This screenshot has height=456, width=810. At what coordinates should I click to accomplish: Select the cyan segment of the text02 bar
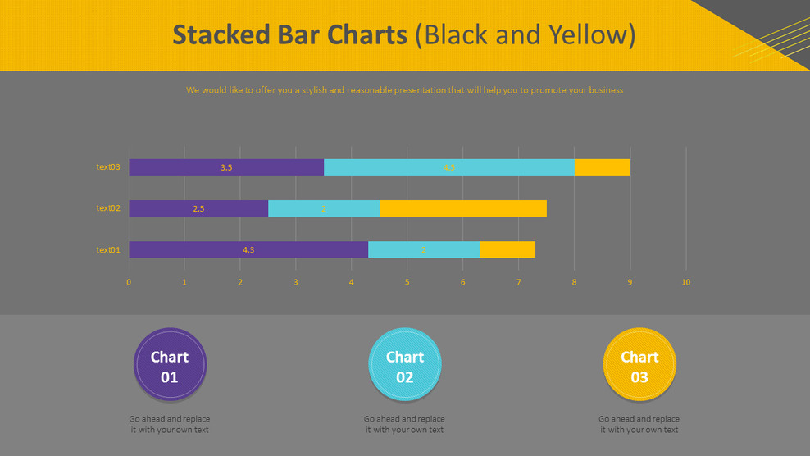(x=324, y=208)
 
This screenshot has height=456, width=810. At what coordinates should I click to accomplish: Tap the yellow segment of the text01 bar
(x=507, y=249)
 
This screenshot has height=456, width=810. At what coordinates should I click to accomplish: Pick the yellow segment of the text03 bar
(x=603, y=167)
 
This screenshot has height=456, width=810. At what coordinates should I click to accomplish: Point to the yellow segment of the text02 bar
(x=463, y=208)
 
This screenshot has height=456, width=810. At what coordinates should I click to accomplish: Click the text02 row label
(x=108, y=208)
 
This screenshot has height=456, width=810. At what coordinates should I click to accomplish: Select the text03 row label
(x=108, y=167)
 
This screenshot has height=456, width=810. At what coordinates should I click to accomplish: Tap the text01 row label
(x=108, y=249)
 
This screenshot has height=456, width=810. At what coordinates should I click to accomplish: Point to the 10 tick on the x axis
(x=686, y=282)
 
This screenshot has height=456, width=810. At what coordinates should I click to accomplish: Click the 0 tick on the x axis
(x=129, y=282)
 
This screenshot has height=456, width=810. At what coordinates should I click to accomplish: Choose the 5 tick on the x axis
(x=407, y=282)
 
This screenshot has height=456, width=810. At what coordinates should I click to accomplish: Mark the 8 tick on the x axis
(x=575, y=282)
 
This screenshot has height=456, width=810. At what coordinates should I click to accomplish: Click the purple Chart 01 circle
(x=170, y=365)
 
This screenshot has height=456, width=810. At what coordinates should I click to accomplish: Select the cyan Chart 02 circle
(x=405, y=365)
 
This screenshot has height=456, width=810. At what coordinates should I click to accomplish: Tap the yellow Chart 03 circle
(x=639, y=365)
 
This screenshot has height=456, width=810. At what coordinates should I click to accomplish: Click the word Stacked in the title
(x=221, y=35)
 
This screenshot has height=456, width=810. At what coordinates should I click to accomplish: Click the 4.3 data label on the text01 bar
(x=248, y=250)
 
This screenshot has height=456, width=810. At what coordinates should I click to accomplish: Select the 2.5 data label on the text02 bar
(x=198, y=209)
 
